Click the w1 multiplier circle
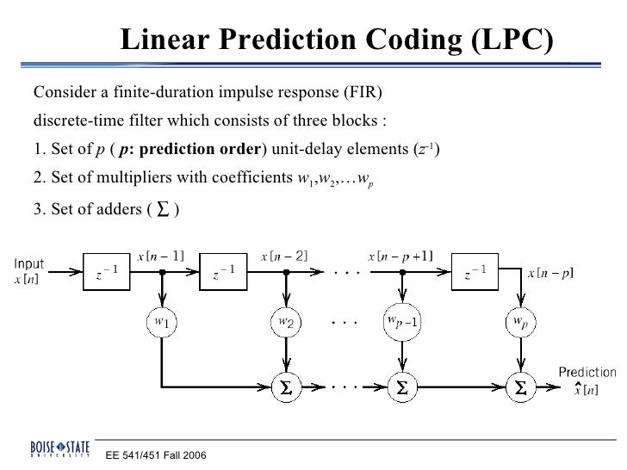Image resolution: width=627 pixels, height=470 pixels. [159, 322]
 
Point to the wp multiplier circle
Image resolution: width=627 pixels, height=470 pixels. [521, 322]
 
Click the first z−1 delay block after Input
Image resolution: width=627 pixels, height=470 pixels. [108, 275]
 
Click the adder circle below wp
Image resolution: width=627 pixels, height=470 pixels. [521, 389]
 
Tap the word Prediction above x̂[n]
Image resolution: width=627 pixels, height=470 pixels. [587, 373]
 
